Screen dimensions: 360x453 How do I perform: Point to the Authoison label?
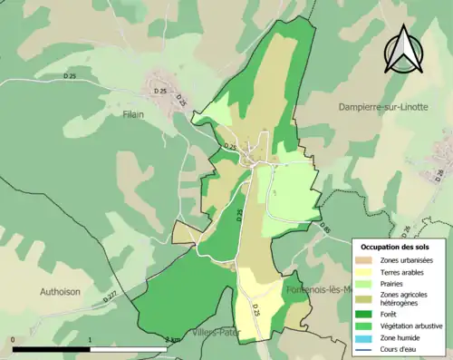tap(62, 292)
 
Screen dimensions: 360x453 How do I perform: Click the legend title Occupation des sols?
tap(397, 247)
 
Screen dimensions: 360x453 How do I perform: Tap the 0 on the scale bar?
tap(14, 340)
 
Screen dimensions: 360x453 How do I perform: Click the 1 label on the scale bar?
tap(90, 340)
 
